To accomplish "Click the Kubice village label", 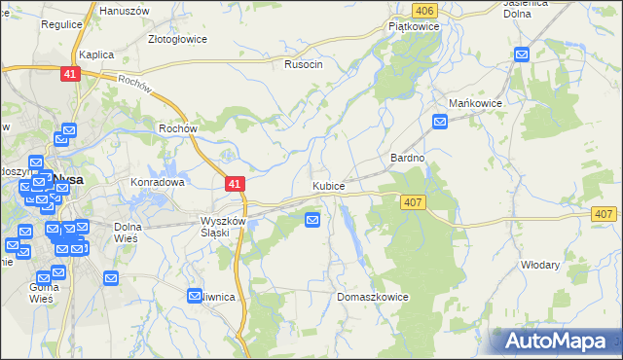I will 328,185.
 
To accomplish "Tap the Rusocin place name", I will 303,64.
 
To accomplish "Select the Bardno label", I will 407,157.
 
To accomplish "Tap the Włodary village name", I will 540,265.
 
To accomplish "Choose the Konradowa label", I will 158,182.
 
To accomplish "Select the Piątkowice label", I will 415,27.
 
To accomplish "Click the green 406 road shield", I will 422,10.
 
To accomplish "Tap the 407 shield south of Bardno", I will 411,200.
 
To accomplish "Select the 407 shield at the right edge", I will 604,214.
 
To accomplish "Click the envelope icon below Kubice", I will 312,220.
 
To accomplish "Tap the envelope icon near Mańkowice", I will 440,122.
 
